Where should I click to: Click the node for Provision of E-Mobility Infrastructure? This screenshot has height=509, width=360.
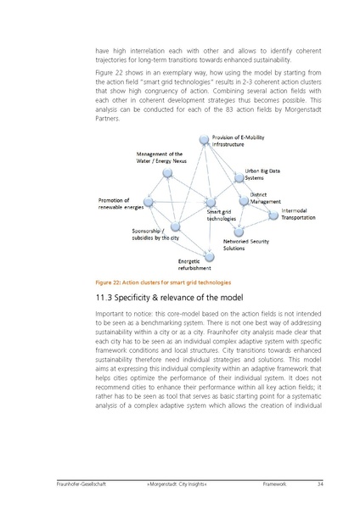click(x=204, y=140)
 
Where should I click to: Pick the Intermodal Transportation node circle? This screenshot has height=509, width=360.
click(x=273, y=215)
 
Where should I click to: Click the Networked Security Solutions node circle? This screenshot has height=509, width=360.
click(x=238, y=230)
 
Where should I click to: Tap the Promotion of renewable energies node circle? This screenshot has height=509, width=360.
click(x=149, y=202)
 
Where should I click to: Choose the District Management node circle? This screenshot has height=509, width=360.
click(x=245, y=201)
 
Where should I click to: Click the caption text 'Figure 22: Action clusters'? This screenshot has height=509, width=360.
click(x=136, y=282)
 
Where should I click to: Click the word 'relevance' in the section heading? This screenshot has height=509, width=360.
click(x=188, y=299)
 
